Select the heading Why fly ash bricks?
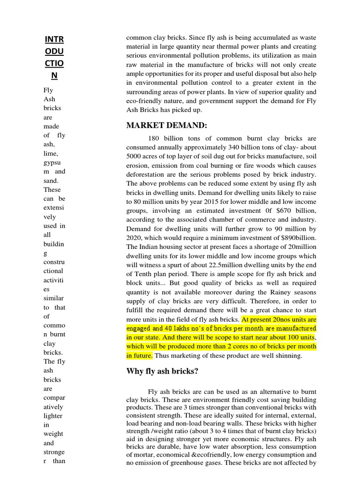[162, 372]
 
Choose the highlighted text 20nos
[276, 319]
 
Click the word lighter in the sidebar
[52, 416]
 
